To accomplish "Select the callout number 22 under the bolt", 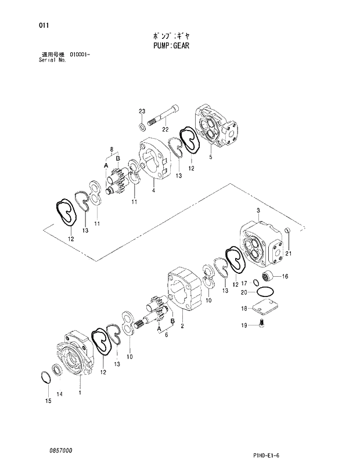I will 165,129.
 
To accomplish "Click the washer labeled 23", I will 142,125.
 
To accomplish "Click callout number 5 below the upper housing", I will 210,157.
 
